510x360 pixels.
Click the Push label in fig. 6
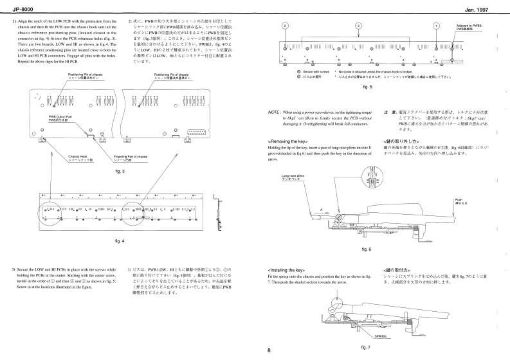(459, 200)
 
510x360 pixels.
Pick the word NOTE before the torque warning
(274, 112)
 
